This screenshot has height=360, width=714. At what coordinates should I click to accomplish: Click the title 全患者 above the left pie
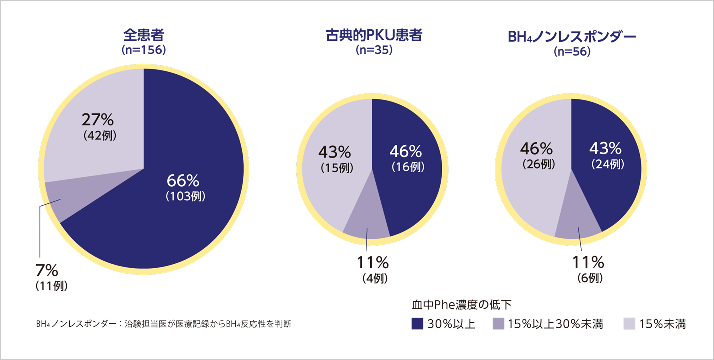click(143, 35)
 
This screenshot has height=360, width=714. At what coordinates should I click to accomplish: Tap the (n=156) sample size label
click(143, 50)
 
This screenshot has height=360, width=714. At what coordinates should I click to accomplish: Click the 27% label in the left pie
click(98, 120)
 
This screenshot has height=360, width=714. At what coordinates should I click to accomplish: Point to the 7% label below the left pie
click(47, 270)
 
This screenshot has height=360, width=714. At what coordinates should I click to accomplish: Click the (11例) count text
click(52, 286)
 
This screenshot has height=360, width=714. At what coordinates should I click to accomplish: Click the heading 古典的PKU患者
click(374, 35)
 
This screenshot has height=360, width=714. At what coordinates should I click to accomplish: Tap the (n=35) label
click(374, 50)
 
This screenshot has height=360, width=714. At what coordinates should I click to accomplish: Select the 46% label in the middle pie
click(406, 151)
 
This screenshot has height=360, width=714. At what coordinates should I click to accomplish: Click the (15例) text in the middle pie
click(337, 168)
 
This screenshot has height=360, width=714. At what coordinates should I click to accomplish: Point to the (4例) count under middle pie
click(375, 278)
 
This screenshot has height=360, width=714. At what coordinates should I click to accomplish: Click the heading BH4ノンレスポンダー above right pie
click(572, 36)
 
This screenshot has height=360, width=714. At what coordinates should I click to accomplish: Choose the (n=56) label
click(572, 52)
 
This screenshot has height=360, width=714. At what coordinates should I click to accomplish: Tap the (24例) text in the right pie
click(607, 164)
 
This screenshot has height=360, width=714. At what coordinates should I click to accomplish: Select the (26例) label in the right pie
click(538, 164)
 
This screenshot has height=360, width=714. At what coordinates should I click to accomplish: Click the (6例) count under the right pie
click(590, 278)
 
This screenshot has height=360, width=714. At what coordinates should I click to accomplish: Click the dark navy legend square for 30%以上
click(417, 323)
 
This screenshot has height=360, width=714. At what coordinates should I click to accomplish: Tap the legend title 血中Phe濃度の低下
click(461, 305)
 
